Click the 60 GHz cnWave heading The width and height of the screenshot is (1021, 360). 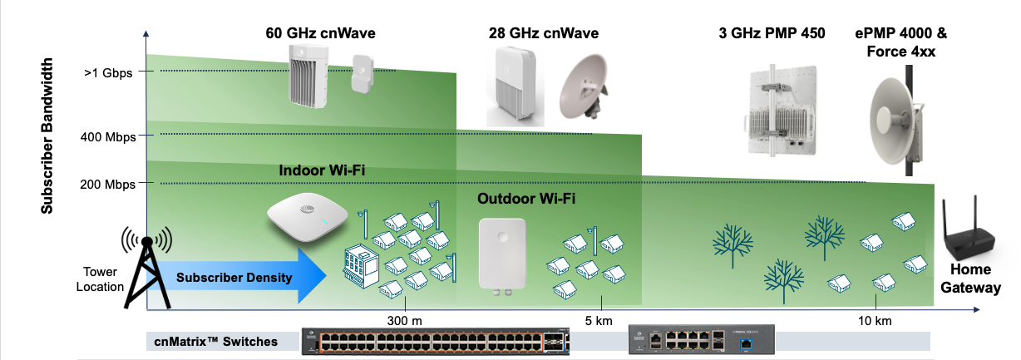pyautogui.click(x=319, y=33)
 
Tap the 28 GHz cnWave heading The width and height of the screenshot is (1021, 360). pyautogui.click(x=543, y=33)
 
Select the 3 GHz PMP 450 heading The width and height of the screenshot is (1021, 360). pyautogui.click(x=772, y=33)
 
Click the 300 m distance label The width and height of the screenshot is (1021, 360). pyautogui.click(x=404, y=320)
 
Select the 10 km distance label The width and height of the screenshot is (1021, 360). pyautogui.click(x=875, y=320)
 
